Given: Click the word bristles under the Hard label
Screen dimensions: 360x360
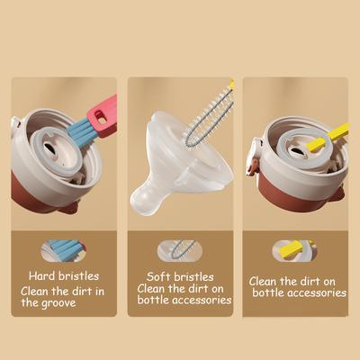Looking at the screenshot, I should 79,276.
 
